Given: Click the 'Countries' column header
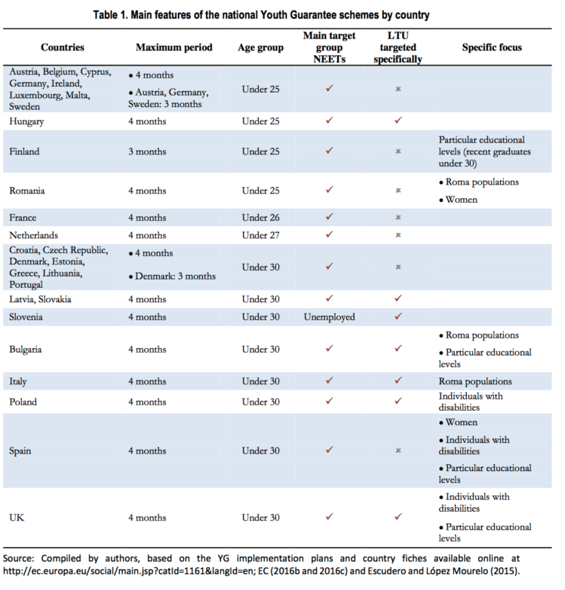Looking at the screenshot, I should [x=63, y=47].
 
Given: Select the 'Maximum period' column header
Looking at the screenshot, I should [x=174, y=47].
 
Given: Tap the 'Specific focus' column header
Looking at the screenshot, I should [x=492, y=47].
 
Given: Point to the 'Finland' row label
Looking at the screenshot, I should [x=24, y=151].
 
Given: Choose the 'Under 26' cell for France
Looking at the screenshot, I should [x=260, y=218].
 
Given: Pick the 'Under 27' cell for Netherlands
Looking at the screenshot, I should [x=260, y=235].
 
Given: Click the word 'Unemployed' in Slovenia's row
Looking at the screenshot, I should [x=329, y=317].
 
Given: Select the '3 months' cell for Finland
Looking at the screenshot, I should [x=148, y=151].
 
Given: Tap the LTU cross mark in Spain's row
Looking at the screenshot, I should [x=398, y=451].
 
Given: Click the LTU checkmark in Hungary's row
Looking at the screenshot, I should [x=398, y=120].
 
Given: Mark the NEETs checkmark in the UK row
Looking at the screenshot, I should [x=329, y=518].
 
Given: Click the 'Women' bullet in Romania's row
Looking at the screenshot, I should [x=462, y=200].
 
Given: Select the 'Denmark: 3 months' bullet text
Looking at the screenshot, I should [x=176, y=276].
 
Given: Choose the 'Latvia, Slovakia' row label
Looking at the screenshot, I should [x=41, y=299].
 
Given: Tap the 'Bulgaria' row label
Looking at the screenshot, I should [x=26, y=350].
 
